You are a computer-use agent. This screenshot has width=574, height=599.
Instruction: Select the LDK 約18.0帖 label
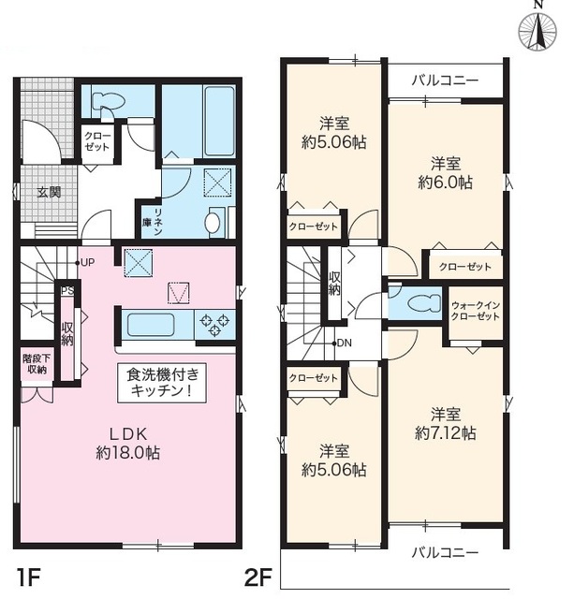point(128,443)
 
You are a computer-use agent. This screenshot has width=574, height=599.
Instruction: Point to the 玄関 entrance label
point(49,193)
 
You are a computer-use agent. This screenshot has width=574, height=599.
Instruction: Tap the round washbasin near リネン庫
point(212,223)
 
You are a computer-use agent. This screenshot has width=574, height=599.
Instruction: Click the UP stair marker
point(87,261)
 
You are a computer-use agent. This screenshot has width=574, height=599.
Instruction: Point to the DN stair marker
point(343,343)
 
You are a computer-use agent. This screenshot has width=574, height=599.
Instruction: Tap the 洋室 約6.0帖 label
point(445,170)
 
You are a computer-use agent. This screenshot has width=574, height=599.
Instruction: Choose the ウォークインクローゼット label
point(475,312)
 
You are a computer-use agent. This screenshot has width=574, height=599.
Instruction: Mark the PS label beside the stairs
point(66,291)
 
